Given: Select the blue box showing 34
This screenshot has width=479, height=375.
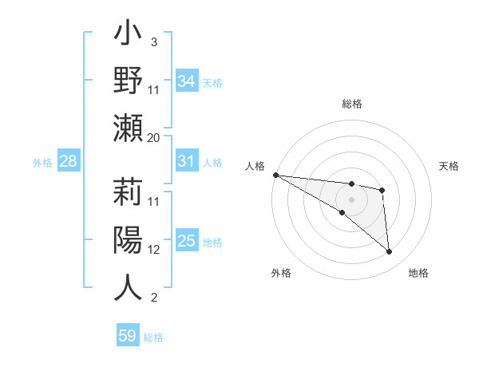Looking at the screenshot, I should pyautogui.click(x=187, y=81).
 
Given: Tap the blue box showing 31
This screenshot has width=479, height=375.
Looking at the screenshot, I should pyautogui.click(x=187, y=161).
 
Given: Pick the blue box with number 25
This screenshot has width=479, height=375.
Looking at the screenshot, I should pyautogui.click(x=187, y=241).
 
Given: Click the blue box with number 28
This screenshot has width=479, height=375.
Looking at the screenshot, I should pyautogui.click(x=69, y=162).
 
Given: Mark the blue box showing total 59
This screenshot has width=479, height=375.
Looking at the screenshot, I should pyautogui.click(x=128, y=336).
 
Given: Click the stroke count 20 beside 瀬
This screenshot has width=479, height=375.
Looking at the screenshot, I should pyautogui.click(x=154, y=137).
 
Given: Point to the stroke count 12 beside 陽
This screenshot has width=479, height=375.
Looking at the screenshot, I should pyautogui.click(x=154, y=249).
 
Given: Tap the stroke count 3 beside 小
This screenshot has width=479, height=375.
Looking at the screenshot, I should pyautogui.click(x=153, y=41).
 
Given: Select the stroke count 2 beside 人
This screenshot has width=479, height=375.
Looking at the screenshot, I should pyautogui.click(x=153, y=298).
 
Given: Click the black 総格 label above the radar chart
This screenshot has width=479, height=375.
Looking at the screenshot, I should pyautogui.click(x=351, y=104).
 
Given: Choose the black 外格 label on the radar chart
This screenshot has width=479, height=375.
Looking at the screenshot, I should pyautogui.click(x=281, y=273).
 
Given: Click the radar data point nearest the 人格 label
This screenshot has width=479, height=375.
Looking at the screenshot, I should pyautogui.click(x=275, y=175).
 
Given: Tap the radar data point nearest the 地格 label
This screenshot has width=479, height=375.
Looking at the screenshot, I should pyautogui.click(x=390, y=252).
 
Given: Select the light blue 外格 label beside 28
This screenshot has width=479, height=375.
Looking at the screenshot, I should pyautogui.click(x=42, y=163).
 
